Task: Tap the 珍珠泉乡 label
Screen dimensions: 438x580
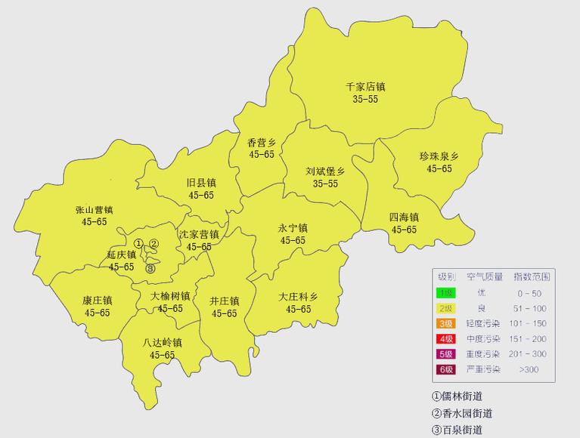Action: pyautogui.click(x=439, y=157)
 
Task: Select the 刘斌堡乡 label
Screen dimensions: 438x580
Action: pyautogui.click(x=325, y=171)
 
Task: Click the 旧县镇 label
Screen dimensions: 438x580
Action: pyautogui.click(x=201, y=183)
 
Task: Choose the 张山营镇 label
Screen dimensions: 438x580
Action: pyautogui.click(x=94, y=210)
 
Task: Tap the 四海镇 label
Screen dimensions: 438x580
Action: pyautogui.click(x=404, y=217)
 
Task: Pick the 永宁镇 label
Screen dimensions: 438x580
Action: pyautogui.click(x=293, y=228)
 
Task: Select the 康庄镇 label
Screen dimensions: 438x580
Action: pyautogui.click(x=97, y=301)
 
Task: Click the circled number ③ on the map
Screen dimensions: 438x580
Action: pyautogui.click(x=150, y=268)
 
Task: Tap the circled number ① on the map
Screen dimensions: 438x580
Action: pyautogui.click(x=138, y=243)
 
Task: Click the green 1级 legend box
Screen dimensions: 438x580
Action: pyautogui.click(x=446, y=292)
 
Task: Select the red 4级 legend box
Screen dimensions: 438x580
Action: pyautogui.click(x=446, y=338)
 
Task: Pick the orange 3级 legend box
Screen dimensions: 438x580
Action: pyautogui.click(x=446, y=323)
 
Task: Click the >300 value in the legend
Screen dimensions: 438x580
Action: pyautogui.click(x=530, y=369)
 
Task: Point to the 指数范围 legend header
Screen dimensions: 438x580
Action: pyautogui.click(x=532, y=276)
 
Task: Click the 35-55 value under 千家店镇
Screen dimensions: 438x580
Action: pyautogui.click(x=365, y=100)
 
